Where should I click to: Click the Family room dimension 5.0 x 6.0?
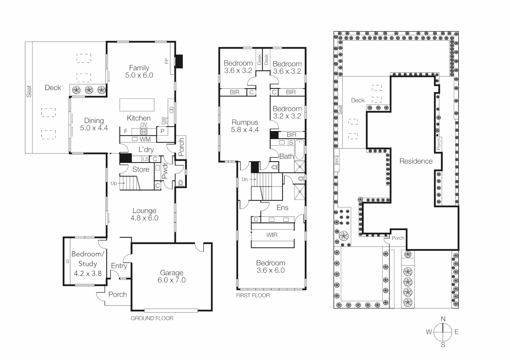tap(139, 75)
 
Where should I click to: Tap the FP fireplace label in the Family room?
tap(167, 61)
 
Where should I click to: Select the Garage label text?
tap(171, 273)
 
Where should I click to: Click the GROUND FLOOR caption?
tap(152, 318)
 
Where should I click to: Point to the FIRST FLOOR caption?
tap(253, 295)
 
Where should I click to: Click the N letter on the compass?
tap(443, 319)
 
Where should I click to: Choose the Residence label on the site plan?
tap(416, 161)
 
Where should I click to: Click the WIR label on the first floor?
tap(272, 235)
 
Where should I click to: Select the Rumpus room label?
tap(245, 122)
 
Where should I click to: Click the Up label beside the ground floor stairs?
tap(114, 183)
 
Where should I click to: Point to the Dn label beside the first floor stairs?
tap(245, 179)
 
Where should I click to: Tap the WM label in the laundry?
tap(145, 139)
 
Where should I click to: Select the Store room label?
tap(141, 169)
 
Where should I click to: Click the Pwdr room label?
tap(165, 172)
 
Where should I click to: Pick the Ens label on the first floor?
tap(282, 208)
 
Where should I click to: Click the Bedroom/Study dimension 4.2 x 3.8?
tap(87, 274)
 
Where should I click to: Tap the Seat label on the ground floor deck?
tap(29, 91)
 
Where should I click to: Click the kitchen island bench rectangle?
tap(137, 105)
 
